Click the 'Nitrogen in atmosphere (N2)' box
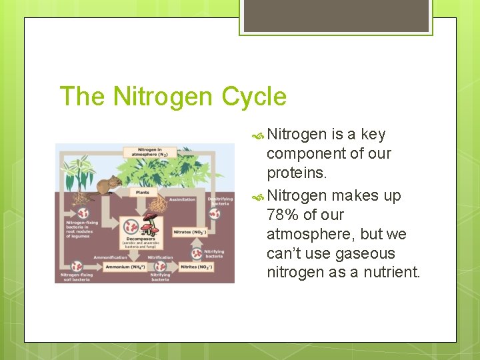click(x=153, y=153)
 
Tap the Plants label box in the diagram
click(x=142, y=192)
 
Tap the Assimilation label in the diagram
click(x=182, y=199)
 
